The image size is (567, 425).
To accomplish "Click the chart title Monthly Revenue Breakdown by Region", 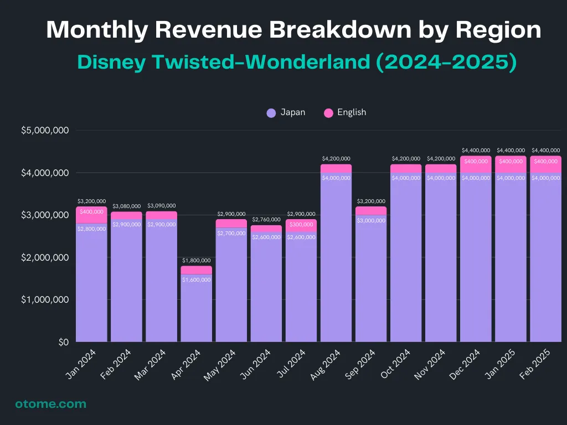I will pos(293,29).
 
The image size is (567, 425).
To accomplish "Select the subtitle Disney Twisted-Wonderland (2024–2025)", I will pos(297,62).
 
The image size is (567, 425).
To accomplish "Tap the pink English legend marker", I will pos(328,113).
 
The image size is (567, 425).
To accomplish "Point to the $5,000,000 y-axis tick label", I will pos(45,131).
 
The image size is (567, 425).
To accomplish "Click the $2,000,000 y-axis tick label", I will pos(45,258).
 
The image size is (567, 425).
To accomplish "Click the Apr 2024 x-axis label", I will pos(190,364).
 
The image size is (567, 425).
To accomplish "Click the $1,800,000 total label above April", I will pos(196,261).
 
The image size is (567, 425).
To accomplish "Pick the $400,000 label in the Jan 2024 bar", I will pos(91,212).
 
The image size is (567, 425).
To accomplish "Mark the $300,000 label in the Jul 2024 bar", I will pos(301,225).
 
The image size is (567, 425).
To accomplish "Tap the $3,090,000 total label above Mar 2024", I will pos(161,206).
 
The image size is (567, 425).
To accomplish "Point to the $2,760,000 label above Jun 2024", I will pos(266,220).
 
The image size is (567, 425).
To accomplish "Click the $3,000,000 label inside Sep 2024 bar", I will pos(371,221).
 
